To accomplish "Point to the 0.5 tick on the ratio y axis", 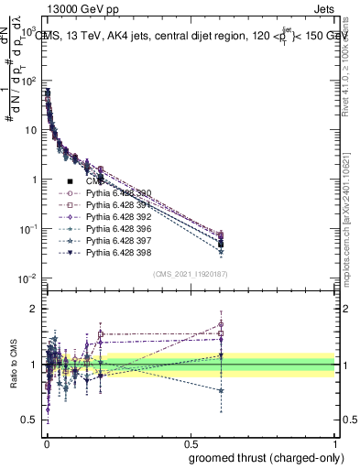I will click(29, 420).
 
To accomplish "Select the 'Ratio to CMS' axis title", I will click(12, 364).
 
